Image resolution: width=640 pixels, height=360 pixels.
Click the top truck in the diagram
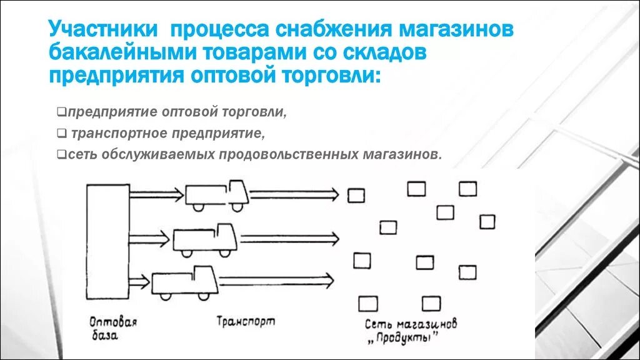(216, 194)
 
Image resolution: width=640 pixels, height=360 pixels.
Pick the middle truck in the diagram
(204, 237)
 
